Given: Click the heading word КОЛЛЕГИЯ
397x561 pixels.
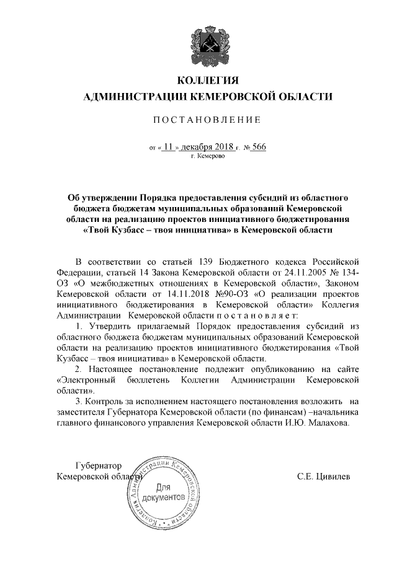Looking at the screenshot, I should (x=208, y=81).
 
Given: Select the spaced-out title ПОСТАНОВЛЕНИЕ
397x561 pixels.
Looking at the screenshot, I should (x=208, y=119).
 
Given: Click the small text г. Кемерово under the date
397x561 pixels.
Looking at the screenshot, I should (x=208, y=157).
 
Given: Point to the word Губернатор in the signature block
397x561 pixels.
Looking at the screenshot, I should (x=97, y=465).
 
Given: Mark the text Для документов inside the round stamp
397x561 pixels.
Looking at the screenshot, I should (x=164, y=493).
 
